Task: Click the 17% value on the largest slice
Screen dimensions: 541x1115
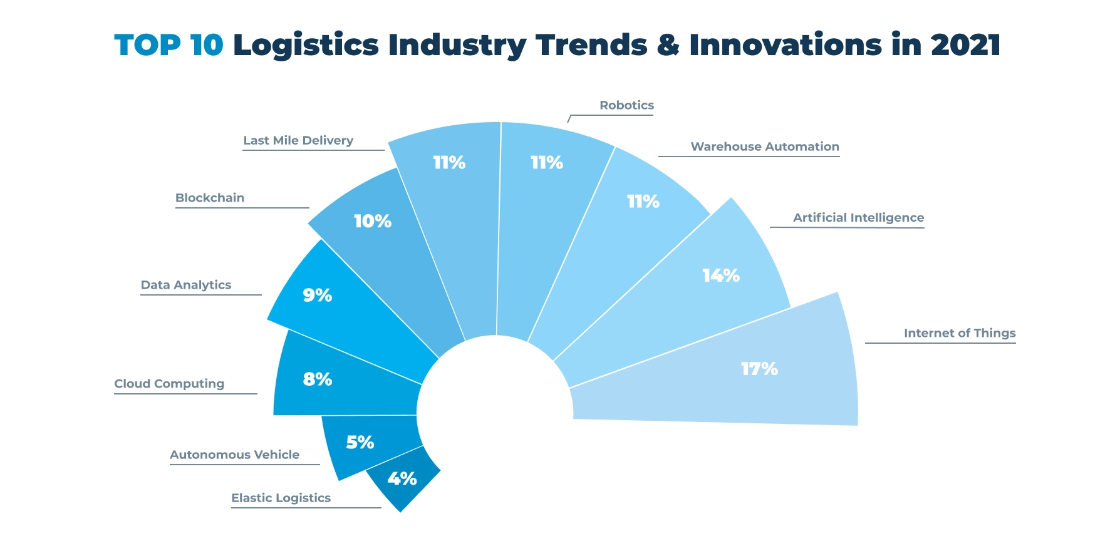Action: pos(759,369)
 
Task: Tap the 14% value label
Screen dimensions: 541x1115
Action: pos(720,276)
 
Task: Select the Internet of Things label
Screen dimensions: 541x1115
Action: pos(959,333)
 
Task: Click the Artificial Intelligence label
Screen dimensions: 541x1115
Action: pos(858,218)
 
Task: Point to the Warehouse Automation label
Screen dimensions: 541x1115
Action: pos(764,147)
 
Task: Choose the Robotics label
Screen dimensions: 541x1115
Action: pos(626,105)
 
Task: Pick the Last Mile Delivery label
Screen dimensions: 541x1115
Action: pos(298,140)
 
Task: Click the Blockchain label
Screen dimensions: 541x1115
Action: pos(210,198)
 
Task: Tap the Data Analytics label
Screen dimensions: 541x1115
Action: pos(186,285)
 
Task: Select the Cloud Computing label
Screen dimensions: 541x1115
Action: pos(169,384)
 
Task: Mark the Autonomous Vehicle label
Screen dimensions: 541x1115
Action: pos(234,455)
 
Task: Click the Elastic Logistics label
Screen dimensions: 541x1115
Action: pos(281,498)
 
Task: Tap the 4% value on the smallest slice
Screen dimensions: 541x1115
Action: pos(402,479)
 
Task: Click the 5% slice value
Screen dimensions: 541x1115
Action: pos(360,443)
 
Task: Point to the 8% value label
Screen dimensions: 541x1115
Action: pos(317,379)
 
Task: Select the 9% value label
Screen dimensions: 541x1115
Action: pos(317,295)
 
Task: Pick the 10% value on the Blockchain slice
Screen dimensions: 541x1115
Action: pos(372,221)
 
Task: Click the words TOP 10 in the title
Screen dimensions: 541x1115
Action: pos(169,45)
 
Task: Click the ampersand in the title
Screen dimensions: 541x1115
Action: pos(668,45)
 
